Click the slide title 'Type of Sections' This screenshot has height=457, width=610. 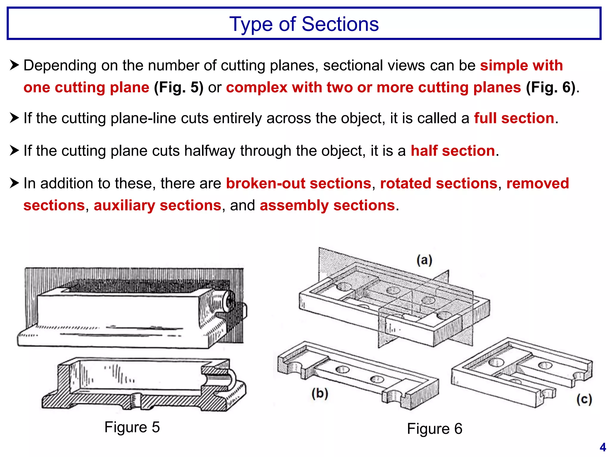(304, 24)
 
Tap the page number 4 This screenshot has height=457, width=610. (603, 447)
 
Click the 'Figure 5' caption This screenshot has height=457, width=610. (132, 427)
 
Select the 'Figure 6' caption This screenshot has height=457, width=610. (435, 429)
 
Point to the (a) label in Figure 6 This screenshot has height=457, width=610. (424, 260)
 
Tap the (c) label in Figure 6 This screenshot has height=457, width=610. (584, 399)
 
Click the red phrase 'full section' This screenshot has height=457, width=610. (514, 118)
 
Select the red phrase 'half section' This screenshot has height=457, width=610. (453, 151)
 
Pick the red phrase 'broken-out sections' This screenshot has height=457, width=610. (298, 183)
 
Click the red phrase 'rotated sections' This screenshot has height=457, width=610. (439, 183)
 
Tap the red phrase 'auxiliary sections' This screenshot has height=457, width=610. (158, 205)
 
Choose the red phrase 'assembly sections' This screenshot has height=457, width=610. (327, 205)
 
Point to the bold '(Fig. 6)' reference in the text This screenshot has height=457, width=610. (551, 87)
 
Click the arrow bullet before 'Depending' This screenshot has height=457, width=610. (14, 65)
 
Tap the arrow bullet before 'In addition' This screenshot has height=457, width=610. (14, 183)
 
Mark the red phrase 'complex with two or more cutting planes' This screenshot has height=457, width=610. (374, 87)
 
